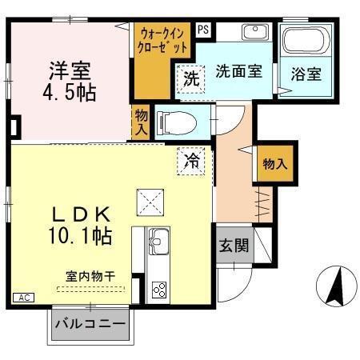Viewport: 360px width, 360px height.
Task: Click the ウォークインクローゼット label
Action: click(164, 41)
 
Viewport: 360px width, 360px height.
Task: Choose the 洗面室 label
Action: click(238, 70)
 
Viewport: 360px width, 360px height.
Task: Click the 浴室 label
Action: click(307, 74)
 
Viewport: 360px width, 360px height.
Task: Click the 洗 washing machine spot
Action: click(190, 78)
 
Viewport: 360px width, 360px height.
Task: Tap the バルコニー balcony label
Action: click(90, 326)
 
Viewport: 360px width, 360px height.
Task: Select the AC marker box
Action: click(23, 298)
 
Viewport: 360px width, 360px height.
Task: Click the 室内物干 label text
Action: click(90, 276)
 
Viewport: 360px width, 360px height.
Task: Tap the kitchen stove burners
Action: click(158, 290)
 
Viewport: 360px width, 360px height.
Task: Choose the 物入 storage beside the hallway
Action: click(275, 163)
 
